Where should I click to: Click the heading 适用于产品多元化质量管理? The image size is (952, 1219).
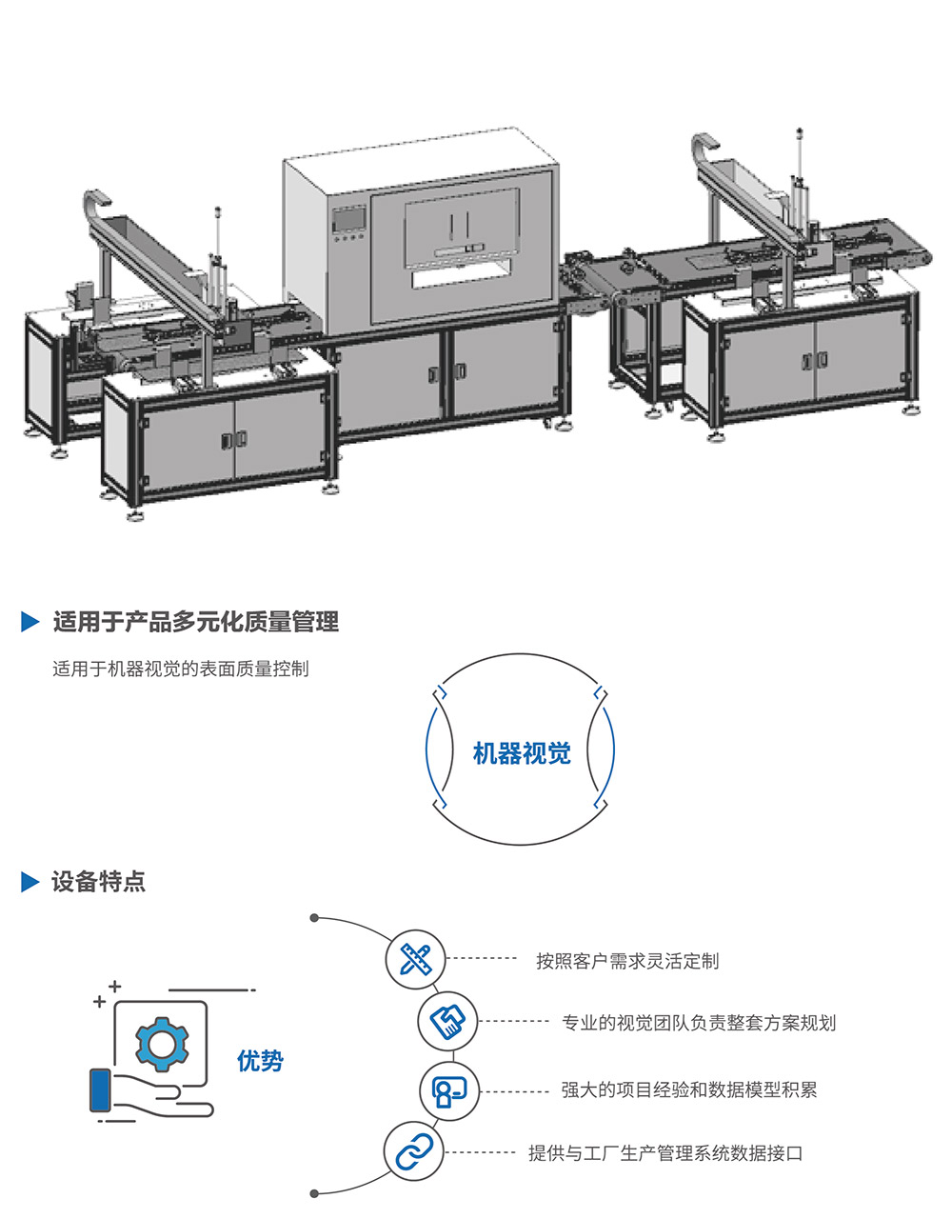tap(195, 623)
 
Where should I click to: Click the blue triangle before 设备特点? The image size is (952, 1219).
tap(30, 882)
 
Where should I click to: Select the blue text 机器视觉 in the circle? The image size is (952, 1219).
tap(522, 753)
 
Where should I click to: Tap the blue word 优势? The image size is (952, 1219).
tap(260, 1060)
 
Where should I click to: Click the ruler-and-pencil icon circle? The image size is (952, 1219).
tap(416, 959)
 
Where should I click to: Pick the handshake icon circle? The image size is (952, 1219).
tap(447, 1022)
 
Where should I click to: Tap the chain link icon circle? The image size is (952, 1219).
tap(414, 1152)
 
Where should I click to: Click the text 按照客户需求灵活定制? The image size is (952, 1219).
tap(627, 961)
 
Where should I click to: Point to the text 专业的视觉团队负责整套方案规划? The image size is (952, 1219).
tap(699, 1024)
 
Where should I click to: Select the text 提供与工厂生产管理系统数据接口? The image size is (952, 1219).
tap(665, 1153)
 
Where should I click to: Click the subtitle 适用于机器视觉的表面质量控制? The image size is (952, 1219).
tap(180, 669)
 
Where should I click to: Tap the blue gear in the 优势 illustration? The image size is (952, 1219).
tap(162, 1045)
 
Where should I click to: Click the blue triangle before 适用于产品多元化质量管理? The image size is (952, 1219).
tap(30, 623)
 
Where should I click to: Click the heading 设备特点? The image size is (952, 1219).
tap(99, 882)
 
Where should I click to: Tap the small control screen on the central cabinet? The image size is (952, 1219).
tap(348, 218)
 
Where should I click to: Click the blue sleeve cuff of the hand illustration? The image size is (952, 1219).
tap(99, 1090)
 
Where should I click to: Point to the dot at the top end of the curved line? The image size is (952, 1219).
tap(313, 918)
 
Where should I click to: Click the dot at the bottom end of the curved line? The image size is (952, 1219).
tap(314, 1193)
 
